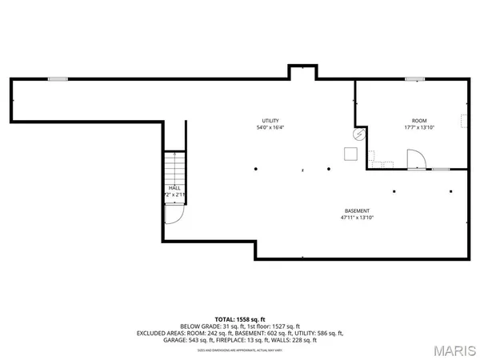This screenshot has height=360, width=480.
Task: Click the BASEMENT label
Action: click(x=357, y=210)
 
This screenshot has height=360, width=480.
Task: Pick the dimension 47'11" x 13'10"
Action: click(x=357, y=218)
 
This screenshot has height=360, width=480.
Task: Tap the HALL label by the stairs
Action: click(x=174, y=188)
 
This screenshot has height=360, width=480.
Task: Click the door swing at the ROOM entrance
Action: click(x=417, y=161)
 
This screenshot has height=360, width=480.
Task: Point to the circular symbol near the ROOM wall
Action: click(x=359, y=136)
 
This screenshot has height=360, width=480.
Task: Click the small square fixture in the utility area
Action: click(x=350, y=154)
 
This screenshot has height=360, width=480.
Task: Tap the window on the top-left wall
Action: click(x=57, y=78)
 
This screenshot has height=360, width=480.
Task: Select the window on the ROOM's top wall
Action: click(x=414, y=78)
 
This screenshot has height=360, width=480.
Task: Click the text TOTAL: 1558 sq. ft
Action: click(x=240, y=318)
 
